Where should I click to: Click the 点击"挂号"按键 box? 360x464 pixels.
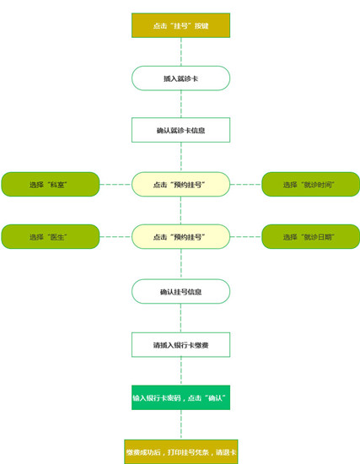point(180,25)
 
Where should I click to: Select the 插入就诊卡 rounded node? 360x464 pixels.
point(180,78)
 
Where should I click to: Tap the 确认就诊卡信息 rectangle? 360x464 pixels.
point(180,130)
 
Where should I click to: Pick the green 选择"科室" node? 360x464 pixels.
point(51,185)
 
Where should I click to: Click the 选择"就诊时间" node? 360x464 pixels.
point(310,185)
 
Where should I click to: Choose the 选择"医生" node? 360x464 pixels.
point(51,237)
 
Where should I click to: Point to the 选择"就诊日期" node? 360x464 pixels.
point(310,237)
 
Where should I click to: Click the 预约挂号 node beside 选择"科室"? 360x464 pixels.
point(180,185)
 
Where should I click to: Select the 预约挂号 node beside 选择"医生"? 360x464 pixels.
point(180,237)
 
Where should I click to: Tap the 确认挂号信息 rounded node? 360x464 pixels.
point(180,292)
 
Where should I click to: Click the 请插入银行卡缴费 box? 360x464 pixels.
point(180,345)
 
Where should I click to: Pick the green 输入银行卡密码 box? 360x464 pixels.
point(180,397)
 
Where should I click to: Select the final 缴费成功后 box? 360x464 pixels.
point(181,452)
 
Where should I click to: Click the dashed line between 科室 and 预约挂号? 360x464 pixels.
point(116,185)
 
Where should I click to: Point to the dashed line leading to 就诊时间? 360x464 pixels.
point(246,185)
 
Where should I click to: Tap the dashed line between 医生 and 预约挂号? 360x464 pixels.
point(116,237)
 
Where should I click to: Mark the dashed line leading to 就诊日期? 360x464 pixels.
point(246,237)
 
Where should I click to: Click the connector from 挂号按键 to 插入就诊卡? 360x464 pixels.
point(181,51)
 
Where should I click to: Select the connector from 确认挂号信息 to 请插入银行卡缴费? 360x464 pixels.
point(181,318)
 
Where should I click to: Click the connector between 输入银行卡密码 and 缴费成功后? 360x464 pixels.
point(181,425)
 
